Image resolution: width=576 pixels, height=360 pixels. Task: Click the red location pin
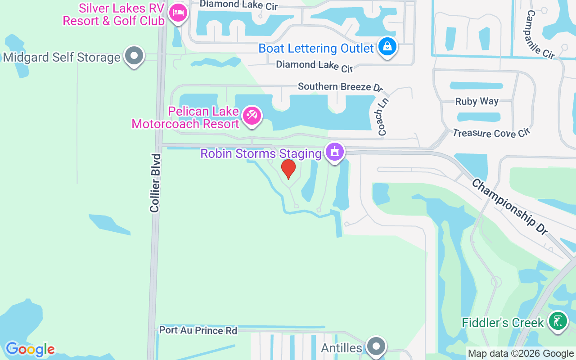[x=288, y=169]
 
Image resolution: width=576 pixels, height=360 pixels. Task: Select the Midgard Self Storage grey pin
[x=134, y=56]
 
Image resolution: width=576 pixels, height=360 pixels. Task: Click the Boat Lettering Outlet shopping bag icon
[x=387, y=46]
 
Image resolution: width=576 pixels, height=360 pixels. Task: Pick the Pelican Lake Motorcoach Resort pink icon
[x=251, y=116]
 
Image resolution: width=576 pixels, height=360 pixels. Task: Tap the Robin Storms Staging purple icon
[x=334, y=152]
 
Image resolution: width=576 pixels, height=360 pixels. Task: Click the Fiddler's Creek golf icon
[x=558, y=321]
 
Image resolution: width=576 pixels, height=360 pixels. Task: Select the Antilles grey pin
[x=376, y=346]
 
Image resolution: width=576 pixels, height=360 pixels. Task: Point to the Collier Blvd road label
[x=155, y=183]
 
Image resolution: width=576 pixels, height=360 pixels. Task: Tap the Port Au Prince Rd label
[x=198, y=331]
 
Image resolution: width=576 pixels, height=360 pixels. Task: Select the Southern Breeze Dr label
[x=340, y=86]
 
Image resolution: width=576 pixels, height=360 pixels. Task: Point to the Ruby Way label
[x=477, y=101]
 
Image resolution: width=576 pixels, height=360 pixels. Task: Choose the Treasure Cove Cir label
[x=492, y=133]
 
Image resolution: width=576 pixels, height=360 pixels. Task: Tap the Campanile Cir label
[x=540, y=35]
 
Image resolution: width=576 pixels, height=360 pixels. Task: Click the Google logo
[x=30, y=349]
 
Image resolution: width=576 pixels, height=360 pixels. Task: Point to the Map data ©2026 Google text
[x=521, y=354]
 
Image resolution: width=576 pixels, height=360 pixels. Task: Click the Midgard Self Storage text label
[x=62, y=58]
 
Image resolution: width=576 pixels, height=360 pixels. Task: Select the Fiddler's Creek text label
[x=503, y=323]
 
